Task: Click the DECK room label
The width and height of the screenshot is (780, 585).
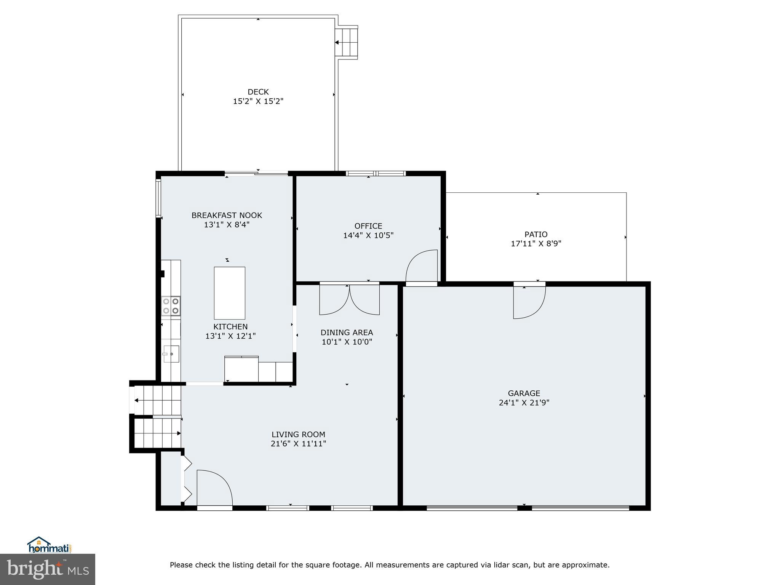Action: point(258,92)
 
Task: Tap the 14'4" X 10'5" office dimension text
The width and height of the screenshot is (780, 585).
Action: point(368,235)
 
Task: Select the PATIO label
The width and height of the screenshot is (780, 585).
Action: point(535,234)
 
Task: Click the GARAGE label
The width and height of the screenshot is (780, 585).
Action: point(524,393)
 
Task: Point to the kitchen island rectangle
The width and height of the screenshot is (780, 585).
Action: point(229,293)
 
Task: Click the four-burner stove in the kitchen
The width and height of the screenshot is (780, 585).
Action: point(171,306)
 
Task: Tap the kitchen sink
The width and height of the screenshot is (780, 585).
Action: point(171,354)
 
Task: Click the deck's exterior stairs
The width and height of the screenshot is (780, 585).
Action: point(347,43)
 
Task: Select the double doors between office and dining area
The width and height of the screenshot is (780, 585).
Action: point(349,300)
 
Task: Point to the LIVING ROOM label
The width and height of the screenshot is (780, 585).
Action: point(298,434)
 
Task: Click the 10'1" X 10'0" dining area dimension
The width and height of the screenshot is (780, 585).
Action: point(347,342)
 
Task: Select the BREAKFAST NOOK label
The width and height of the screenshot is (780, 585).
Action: point(227,215)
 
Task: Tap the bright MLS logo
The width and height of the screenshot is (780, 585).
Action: point(48,569)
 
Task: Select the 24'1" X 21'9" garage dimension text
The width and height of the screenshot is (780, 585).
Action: point(524,403)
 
